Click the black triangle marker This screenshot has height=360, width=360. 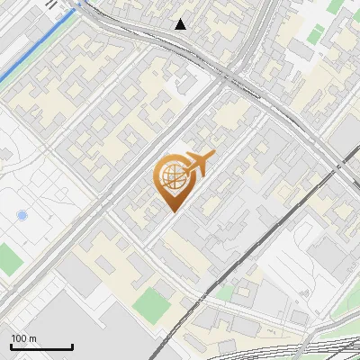coord(181,24)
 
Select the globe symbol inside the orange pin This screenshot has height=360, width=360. coord(170,177)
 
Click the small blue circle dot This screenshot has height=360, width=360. coord(22,215)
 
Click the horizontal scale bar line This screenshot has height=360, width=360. coord(41,347)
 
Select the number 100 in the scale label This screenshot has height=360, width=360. coord(19,338)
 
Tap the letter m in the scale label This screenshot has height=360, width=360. coord(32,338)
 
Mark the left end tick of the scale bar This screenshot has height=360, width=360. coord(11,346)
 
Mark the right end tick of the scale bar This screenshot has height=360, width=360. coord(72,346)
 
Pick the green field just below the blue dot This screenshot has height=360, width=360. coord(9,260)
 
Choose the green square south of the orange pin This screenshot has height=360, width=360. coord(151,304)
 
